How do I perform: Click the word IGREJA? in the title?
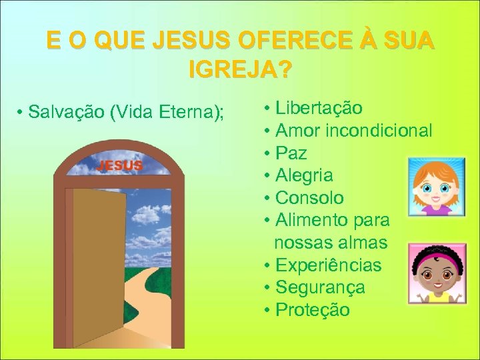point(241,69)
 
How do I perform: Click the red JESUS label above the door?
point(120,165)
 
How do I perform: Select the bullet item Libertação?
point(319,108)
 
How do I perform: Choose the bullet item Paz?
point(291,153)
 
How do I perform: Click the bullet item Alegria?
point(304,176)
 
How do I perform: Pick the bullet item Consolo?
point(309,198)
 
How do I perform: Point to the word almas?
point(363,243)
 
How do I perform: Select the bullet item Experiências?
point(328,265)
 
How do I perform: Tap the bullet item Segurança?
point(320,287)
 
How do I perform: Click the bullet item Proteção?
point(312,310)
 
